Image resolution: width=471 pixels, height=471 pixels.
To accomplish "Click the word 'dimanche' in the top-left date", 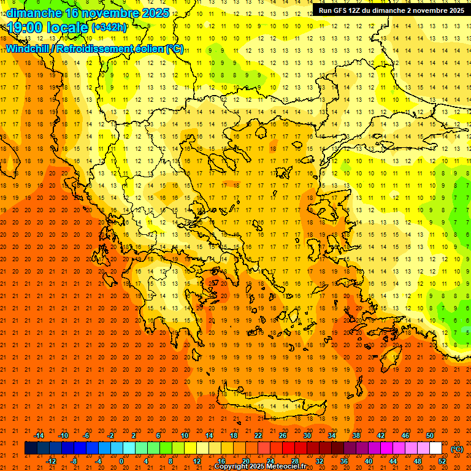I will [34, 12].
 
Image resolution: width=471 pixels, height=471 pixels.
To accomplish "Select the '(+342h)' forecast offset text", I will [109, 28].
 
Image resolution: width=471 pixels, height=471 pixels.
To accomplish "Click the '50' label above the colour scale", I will [430, 435].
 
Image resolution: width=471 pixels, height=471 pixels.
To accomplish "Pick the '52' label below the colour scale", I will [442, 461].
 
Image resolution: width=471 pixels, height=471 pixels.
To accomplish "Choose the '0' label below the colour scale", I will [121, 461].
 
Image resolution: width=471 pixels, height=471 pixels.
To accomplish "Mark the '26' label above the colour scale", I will [283, 435].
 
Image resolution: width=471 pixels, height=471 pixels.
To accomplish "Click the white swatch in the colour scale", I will [436, 448].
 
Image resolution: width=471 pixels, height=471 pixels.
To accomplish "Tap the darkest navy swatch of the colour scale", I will [31, 448].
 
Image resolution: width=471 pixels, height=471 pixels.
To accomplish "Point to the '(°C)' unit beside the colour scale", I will [457, 449].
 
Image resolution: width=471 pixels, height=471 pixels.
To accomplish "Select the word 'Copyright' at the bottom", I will [232, 467].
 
